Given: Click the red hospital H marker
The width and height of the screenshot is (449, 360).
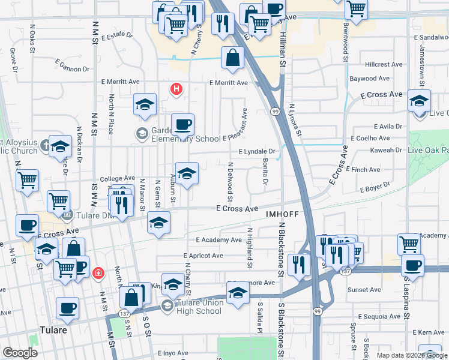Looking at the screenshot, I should click(176, 89).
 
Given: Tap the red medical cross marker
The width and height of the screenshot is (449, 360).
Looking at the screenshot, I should click(98, 273).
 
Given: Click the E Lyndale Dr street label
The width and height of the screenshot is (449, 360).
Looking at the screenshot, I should click(256, 152).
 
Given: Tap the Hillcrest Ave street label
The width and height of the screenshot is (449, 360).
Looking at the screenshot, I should click(384, 64).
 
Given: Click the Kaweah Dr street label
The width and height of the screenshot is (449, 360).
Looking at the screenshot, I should click(386, 150).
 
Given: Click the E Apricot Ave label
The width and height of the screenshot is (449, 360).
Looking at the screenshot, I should click(203, 256).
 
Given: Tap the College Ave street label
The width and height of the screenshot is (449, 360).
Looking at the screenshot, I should click(117, 178).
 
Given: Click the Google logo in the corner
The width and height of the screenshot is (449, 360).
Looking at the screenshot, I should click(20, 353).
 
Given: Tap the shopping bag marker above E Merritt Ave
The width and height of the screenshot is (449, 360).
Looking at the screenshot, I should click(232, 59).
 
